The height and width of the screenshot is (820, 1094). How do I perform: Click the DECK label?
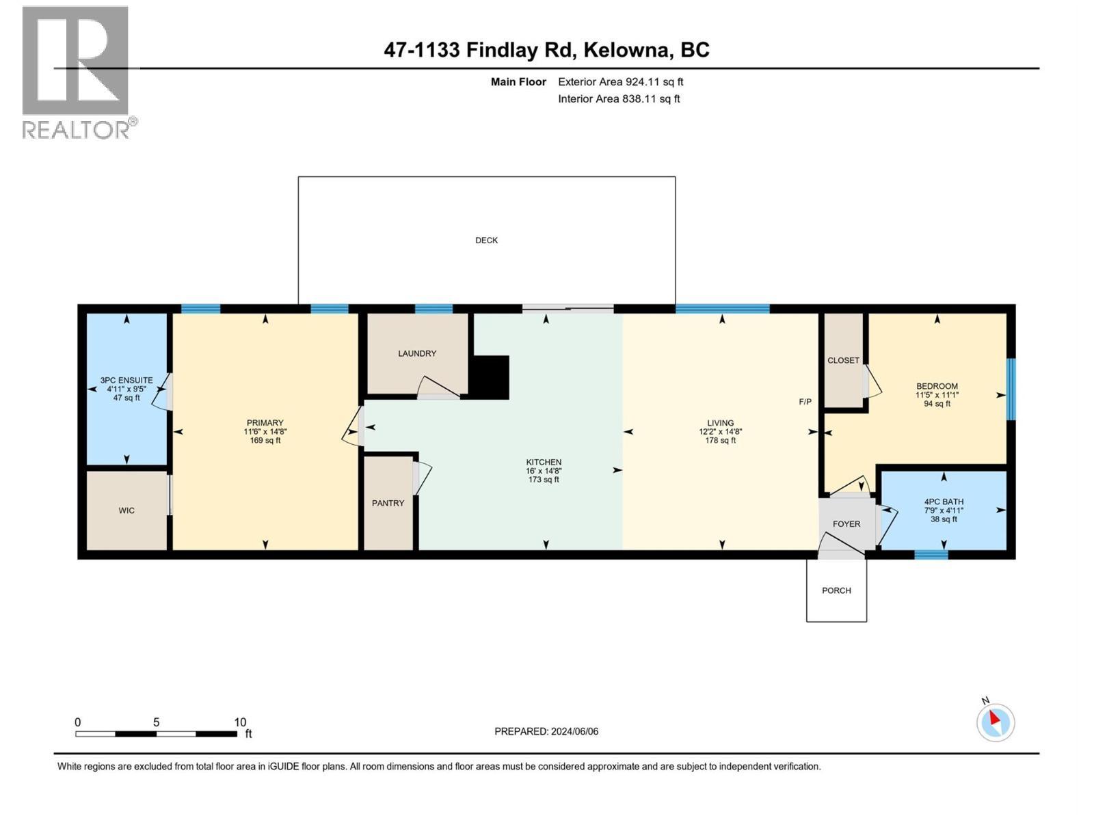[x=486, y=241]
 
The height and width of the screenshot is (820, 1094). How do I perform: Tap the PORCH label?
[x=836, y=590]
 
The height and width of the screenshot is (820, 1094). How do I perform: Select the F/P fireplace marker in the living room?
[x=805, y=402]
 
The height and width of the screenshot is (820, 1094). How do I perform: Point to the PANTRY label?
[x=388, y=503]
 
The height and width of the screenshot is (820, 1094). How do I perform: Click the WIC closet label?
[x=126, y=510]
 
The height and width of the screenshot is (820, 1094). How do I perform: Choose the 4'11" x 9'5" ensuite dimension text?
[x=126, y=389]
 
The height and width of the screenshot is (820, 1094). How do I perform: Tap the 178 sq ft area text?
[x=720, y=441]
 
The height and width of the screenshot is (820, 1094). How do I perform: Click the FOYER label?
[x=846, y=524]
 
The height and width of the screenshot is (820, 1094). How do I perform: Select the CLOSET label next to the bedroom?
[x=843, y=360]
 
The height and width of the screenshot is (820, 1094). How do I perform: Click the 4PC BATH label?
[x=943, y=502]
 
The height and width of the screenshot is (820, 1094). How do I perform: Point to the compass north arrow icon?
[x=995, y=722]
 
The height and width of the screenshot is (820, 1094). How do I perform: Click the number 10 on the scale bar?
[x=240, y=722]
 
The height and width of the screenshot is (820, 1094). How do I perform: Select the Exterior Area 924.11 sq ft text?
[x=620, y=82]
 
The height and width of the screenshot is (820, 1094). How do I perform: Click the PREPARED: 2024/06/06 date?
[x=546, y=731]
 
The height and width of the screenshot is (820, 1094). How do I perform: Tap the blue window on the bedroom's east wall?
[x=1011, y=389]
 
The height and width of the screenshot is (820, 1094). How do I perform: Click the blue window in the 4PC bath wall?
[x=931, y=554]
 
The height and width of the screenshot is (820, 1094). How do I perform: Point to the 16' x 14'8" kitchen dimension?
[x=544, y=471]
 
